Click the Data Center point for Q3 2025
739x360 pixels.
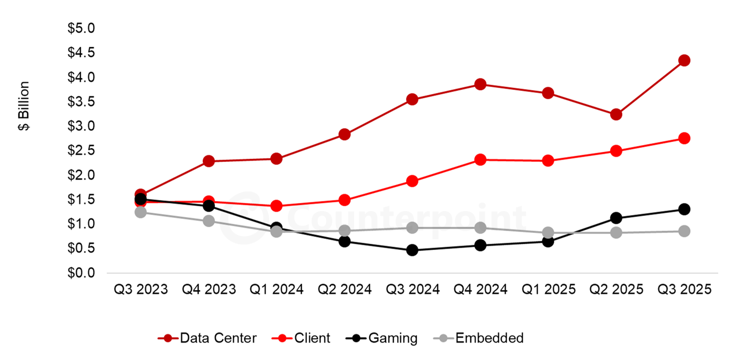pyautogui.click(x=684, y=60)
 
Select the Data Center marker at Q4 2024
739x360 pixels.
pyautogui.click(x=480, y=84)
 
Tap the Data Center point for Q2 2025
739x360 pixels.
pyautogui.click(x=616, y=114)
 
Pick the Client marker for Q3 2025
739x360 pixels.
pyautogui.click(x=684, y=138)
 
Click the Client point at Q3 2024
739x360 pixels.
pyautogui.click(x=412, y=181)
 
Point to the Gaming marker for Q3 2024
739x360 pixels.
pyautogui.click(x=412, y=250)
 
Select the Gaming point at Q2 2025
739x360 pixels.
pyautogui.click(x=616, y=218)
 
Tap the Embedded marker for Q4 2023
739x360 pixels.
pyautogui.click(x=209, y=221)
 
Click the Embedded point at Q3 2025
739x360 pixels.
pyautogui.click(x=684, y=231)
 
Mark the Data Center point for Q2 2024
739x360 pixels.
pyautogui.click(x=344, y=134)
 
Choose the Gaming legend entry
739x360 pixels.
pyautogui.click(x=382, y=338)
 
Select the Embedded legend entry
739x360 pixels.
pyautogui.click(x=479, y=338)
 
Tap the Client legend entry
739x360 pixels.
pyautogui.click(x=301, y=338)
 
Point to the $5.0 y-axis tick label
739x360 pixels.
pyautogui.click(x=81, y=29)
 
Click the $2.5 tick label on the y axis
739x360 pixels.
pyautogui.click(x=81, y=151)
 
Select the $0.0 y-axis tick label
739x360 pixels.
pyautogui.click(x=81, y=273)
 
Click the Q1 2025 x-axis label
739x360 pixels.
pyautogui.click(x=548, y=290)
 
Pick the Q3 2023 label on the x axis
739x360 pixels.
pyautogui.click(x=140, y=290)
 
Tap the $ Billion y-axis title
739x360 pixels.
pyautogui.click(x=24, y=106)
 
